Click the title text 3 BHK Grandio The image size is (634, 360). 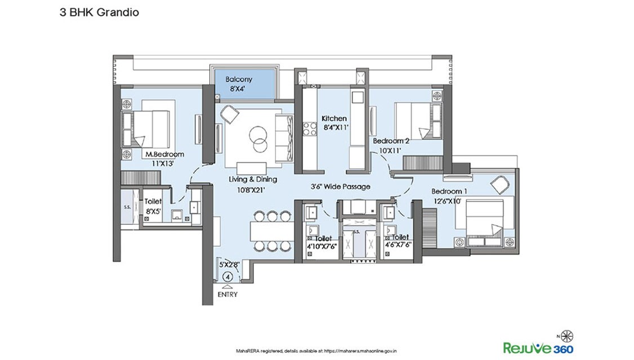click(x=92, y=12)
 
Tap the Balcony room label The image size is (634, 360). click(x=239, y=79)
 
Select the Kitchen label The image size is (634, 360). click(x=334, y=119)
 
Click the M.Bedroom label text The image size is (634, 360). click(x=165, y=154)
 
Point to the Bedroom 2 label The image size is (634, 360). click(x=391, y=140)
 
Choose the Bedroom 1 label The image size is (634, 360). click(x=449, y=191)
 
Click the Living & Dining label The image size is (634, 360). click(x=253, y=180)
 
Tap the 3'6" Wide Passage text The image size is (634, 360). click(x=341, y=186)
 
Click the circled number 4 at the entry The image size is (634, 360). click(x=228, y=277)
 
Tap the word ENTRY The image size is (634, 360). click(x=227, y=294)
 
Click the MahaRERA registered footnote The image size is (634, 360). click(x=317, y=350)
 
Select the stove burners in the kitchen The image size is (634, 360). click(x=310, y=129)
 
